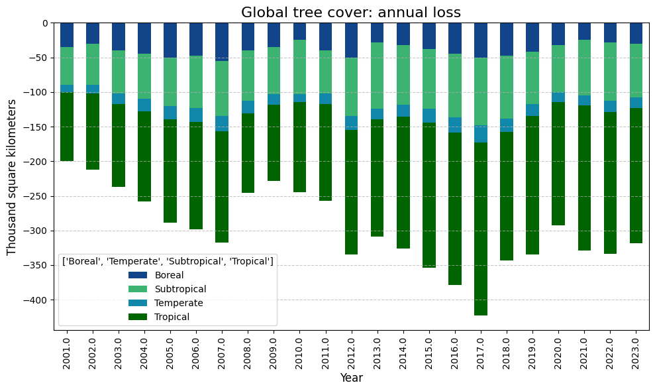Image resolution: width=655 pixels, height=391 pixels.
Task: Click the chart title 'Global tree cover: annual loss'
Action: (351, 12)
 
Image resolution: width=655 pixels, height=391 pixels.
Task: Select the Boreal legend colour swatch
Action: (138, 275)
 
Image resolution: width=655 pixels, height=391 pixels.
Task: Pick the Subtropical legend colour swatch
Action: (138, 289)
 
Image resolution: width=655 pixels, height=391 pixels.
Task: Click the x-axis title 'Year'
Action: (351, 378)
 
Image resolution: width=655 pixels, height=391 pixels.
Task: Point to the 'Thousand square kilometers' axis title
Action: (11, 178)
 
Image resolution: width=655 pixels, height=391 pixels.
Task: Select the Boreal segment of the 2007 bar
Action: (222, 42)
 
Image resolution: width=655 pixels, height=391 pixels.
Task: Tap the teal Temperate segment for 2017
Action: (481, 134)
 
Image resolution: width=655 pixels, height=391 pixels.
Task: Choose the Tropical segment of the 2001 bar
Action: (67, 127)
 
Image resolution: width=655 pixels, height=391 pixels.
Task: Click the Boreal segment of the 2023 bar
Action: (636, 33)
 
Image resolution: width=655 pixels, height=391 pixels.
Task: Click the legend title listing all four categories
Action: (168, 261)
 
